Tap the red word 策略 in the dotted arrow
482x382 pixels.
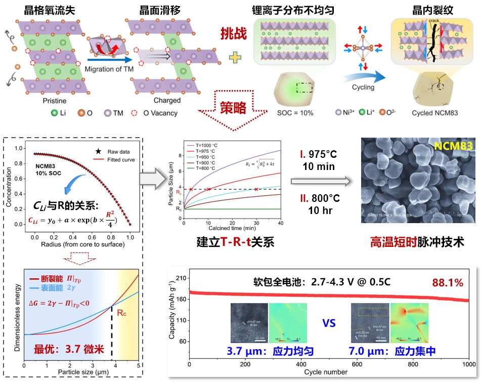pyautogui.click(x=233, y=108)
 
